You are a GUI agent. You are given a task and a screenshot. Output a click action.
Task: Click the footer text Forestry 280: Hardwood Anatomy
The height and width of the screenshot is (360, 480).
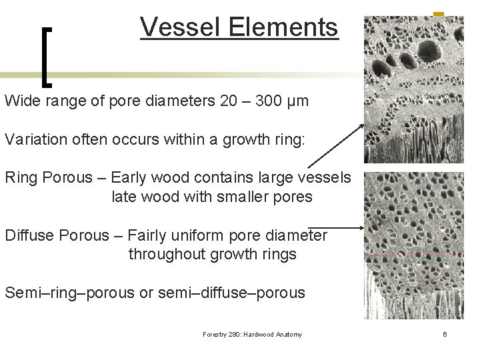pos(252,334)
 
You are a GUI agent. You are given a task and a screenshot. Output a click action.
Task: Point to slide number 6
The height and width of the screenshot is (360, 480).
pos(444,334)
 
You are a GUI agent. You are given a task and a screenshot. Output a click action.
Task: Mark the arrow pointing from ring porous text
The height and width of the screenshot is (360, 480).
pos(336,145)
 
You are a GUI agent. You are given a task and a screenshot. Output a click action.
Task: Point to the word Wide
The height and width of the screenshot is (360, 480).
pos(21,101)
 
